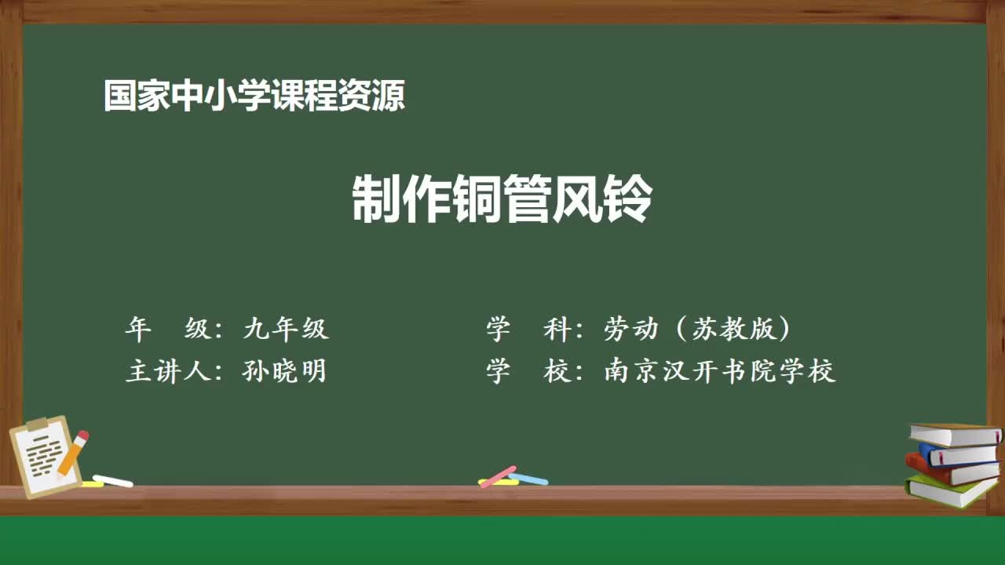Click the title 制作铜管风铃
click(x=502, y=200)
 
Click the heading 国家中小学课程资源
click(x=254, y=97)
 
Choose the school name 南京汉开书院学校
click(x=719, y=371)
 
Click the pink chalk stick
click(x=498, y=476)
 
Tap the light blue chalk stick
click(x=529, y=478)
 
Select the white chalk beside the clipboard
click(x=113, y=480)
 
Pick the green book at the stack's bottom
click(x=950, y=490)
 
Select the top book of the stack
click(x=955, y=434)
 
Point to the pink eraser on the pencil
click(x=82, y=436)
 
